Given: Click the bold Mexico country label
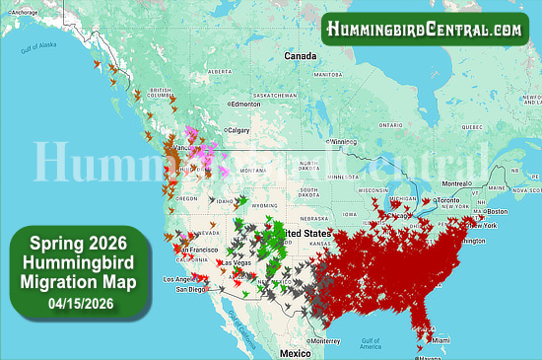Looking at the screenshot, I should coord(294,352).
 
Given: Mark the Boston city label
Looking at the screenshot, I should coord(496,211).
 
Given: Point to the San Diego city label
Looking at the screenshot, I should coord(193,290).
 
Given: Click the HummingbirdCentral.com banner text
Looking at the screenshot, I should coord(425,30).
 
